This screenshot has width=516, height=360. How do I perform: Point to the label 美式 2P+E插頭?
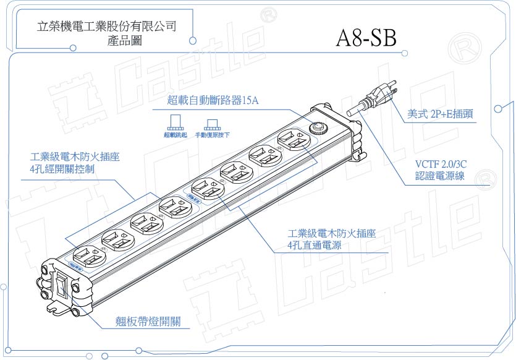point(441,114)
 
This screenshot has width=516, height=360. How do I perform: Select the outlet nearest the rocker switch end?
point(85,255)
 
